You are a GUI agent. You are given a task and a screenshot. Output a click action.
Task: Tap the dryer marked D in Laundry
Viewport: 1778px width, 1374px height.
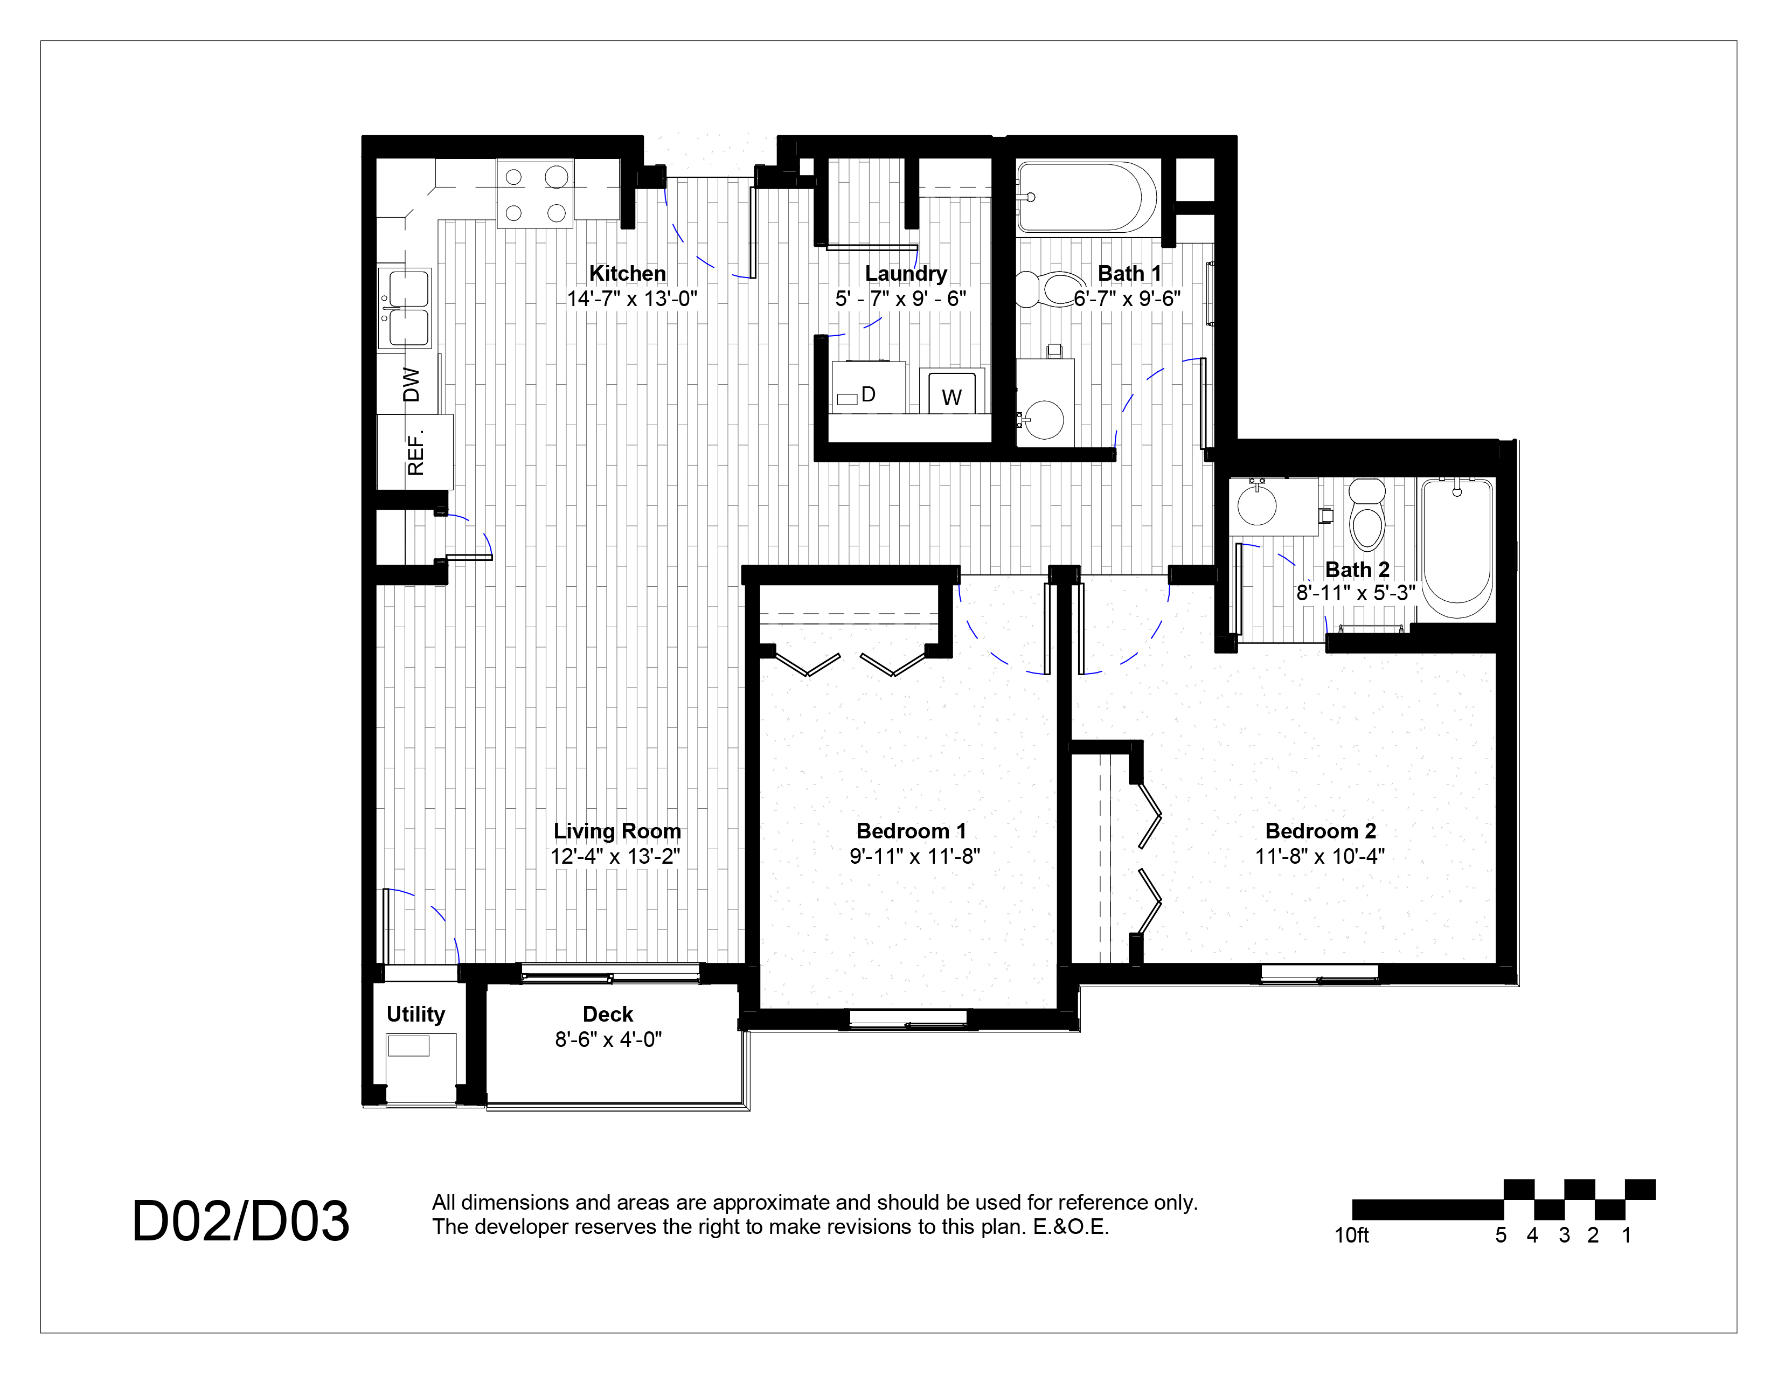(x=868, y=388)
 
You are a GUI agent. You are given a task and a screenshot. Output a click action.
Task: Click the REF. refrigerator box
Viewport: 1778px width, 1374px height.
(x=414, y=453)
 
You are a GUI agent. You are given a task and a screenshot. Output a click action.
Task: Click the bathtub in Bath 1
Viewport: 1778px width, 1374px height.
(x=1085, y=198)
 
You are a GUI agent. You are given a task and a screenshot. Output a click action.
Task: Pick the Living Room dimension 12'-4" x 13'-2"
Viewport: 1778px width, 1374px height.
(x=615, y=856)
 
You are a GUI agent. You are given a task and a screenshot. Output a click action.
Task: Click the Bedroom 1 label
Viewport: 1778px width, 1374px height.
(x=911, y=831)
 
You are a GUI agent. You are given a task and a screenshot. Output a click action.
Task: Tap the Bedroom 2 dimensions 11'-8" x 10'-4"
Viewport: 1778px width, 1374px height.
(x=1319, y=856)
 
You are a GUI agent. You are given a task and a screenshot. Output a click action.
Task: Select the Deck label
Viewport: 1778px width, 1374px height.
(x=607, y=1014)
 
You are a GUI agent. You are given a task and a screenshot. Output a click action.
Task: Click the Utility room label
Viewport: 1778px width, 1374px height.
(x=415, y=1014)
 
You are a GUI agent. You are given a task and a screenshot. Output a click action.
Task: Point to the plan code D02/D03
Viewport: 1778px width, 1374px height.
(x=240, y=1222)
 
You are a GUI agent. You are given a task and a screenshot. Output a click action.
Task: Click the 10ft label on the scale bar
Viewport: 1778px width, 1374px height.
(x=1351, y=1236)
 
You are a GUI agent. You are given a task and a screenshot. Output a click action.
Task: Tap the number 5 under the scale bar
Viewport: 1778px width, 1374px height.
(x=1501, y=1236)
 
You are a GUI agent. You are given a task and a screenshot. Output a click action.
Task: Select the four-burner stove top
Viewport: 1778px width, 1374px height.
(x=535, y=195)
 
